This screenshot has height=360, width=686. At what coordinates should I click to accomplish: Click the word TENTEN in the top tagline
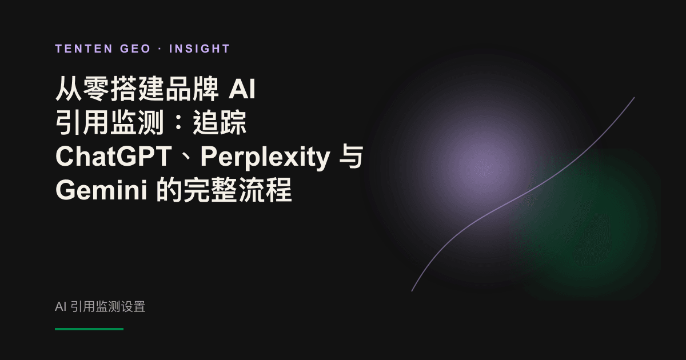click(84, 49)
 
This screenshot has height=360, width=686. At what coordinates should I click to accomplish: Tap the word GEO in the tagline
click(135, 49)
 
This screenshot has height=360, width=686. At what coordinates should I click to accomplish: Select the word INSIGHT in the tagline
click(200, 49)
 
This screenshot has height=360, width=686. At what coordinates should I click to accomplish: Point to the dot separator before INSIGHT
click(160, 49)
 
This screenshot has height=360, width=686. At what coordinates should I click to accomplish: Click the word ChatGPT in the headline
click(113, 156)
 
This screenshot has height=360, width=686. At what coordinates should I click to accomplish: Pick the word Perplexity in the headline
click(265, 158)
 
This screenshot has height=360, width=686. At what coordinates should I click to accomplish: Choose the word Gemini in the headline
click(101, 190)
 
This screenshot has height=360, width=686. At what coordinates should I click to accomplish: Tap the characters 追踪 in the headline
click(220, 123)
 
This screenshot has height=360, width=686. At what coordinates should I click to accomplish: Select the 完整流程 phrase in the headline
click(237, 190)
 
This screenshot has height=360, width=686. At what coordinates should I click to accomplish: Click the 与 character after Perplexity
click(351, 157)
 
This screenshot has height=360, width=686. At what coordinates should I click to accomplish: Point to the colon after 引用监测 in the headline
click(179, 123)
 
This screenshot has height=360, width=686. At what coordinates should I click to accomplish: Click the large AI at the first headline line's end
click(242, 89)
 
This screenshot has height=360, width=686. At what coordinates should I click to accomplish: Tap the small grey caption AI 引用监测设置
click(100, 307)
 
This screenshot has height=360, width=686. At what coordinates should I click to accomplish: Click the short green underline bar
click(89, 329)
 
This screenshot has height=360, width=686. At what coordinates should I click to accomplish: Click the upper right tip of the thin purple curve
click(634, 98)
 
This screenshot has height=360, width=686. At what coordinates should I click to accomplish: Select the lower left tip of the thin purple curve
click(412, 291)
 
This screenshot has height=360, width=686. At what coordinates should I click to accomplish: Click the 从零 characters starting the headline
click(83, 89)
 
